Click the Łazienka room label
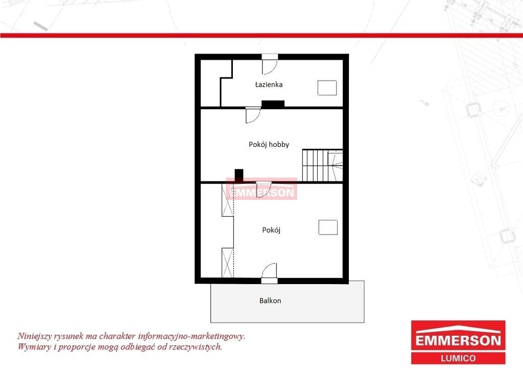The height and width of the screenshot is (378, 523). [x=269, y=84]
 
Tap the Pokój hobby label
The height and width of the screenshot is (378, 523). [x=269, y=144]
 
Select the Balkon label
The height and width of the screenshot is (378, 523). [x=270, y=301]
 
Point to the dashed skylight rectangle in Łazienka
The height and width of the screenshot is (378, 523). [x=327, y=88]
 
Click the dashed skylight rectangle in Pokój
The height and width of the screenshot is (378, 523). [x=328, y=228]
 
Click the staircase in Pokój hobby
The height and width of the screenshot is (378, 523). [x=323, y=165]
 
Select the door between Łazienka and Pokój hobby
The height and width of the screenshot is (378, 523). [x=253, y=115]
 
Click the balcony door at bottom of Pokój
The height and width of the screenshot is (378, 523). [x=269, y=273]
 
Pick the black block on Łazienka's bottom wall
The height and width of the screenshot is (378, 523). [x=273, y=104]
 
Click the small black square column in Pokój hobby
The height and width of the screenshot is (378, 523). [x=239, y=175]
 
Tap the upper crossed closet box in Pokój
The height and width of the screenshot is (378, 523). [x=228, y=200]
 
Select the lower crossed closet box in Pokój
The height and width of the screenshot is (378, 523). [x=228, y=263]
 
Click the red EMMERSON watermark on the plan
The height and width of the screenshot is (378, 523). [x=261, y=189]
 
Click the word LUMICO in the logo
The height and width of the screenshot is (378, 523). [x=458, y=358]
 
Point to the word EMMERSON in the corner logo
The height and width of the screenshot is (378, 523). [x=458, y=340]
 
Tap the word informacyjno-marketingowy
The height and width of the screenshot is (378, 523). [x=192, y=336]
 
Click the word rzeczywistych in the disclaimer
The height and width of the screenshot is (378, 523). [x=196, y=347]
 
